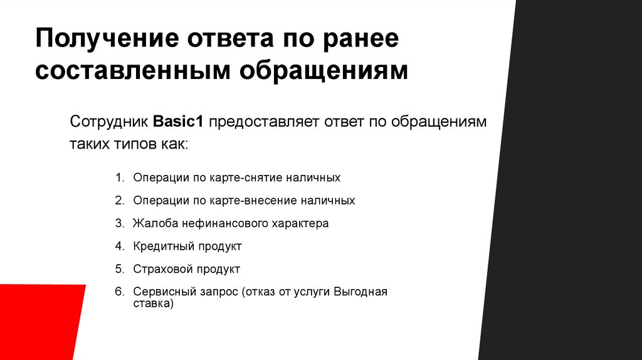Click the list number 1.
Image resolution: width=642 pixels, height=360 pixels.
click(119, 177)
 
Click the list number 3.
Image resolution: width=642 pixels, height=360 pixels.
click(119, 223)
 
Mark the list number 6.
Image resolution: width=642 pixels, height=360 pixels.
click(119, 292)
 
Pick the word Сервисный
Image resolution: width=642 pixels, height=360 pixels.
click(161, 292)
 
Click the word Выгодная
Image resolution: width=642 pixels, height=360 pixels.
click(360, 292)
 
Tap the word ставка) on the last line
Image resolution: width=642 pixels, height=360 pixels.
click(152, 304)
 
